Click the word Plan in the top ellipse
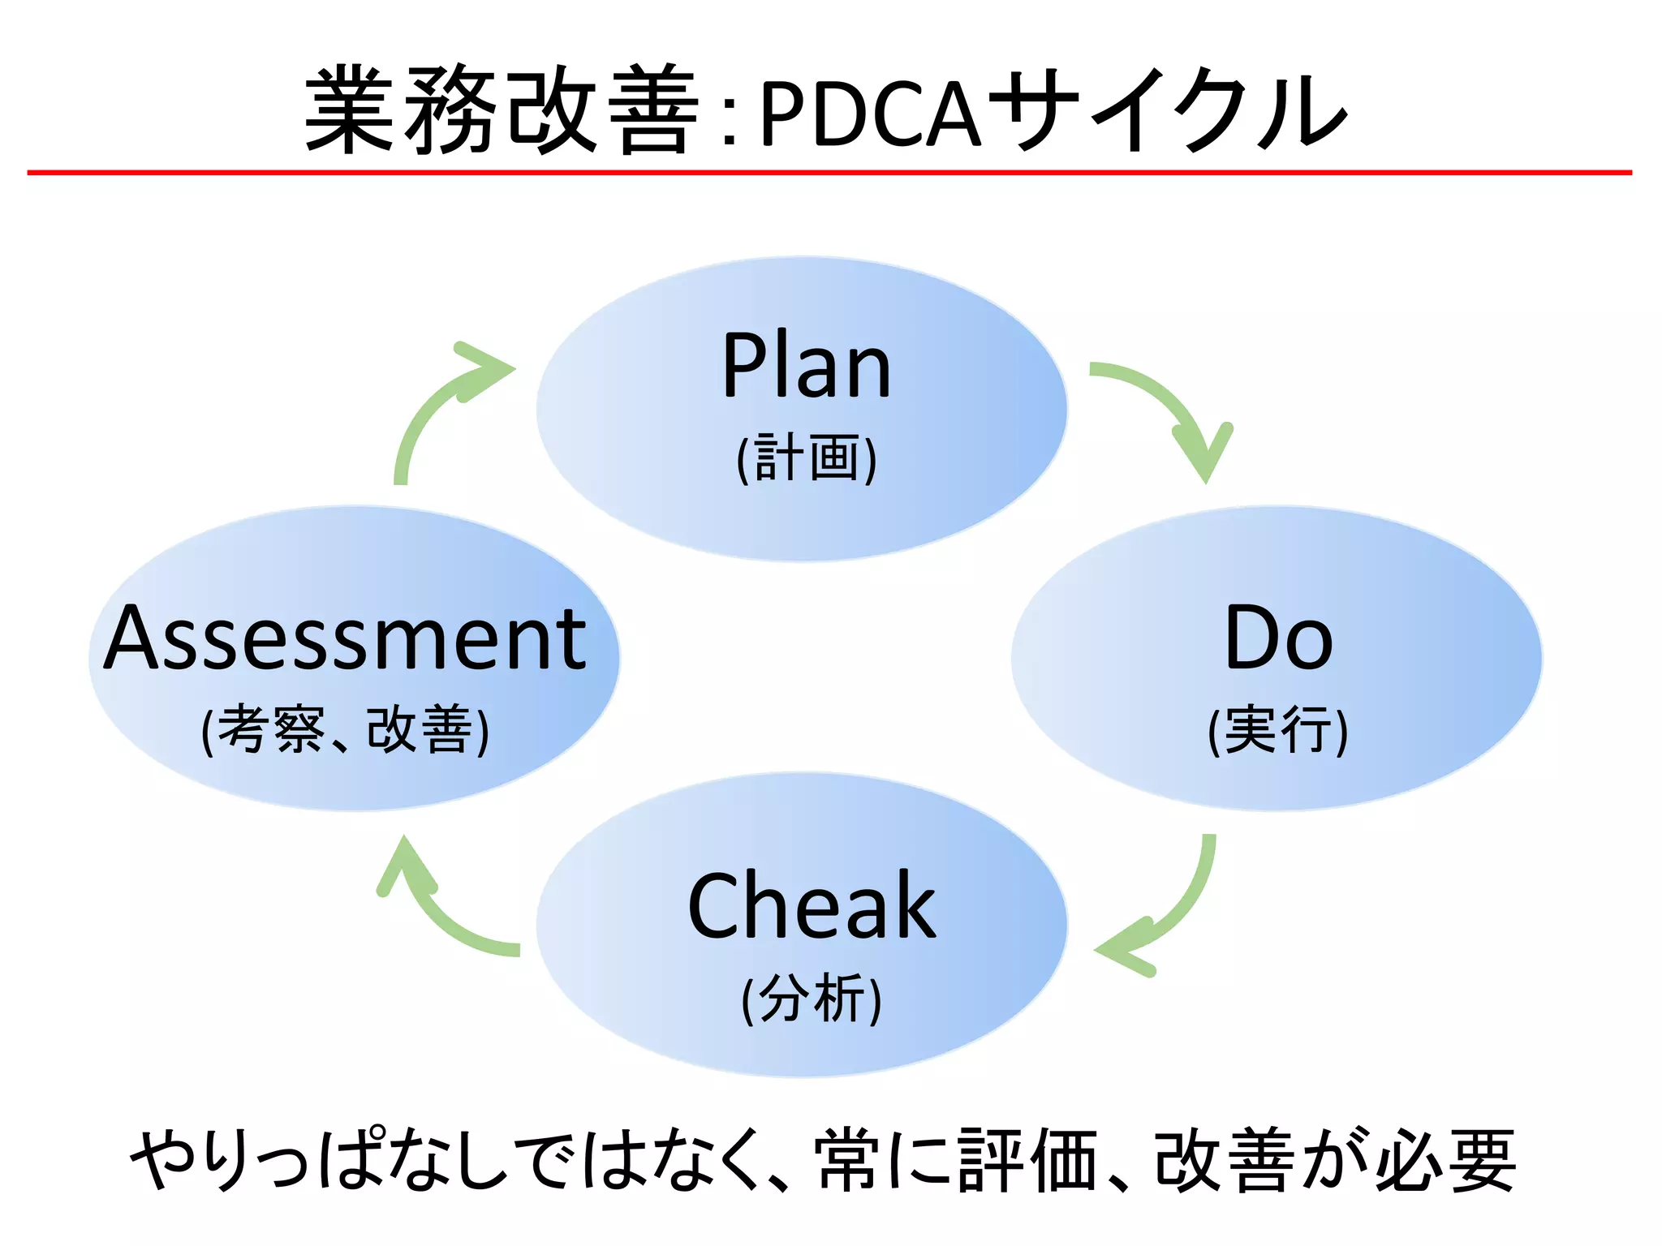click(x=807, y=367)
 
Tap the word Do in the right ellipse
click(x=1278, y=639)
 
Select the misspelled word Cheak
click(x=812, y=906)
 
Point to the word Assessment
click(x=346, y=639)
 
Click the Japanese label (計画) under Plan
click(x=807, y=459)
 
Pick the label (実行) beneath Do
click(x=1278, y=730)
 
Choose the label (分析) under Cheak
click(x=812, y=999)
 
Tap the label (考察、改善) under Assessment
click(x=346, y=730)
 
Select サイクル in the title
click(x=1169, y=111)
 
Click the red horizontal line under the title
click(x=829, y=172)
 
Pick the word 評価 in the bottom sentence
click(x=1027, y=1161)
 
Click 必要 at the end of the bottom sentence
click(x=1445, y=1161)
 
